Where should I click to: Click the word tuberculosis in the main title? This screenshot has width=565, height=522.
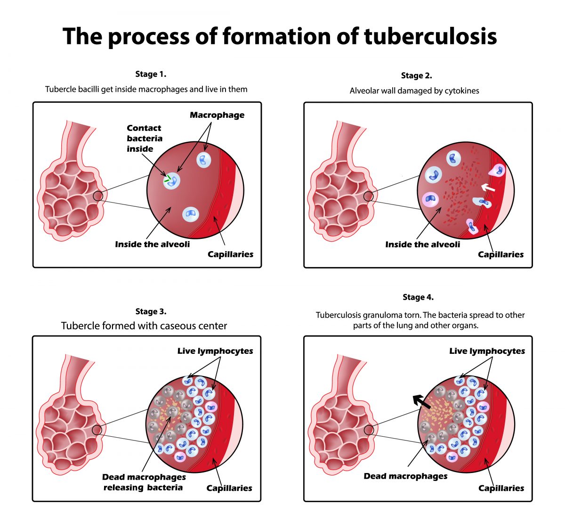430,37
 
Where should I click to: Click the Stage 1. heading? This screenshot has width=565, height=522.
151,74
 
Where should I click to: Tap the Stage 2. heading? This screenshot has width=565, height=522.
416,75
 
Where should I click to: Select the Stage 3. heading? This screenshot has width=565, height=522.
151,311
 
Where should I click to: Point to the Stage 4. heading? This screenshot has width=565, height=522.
418,297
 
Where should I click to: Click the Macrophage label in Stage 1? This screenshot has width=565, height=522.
217,115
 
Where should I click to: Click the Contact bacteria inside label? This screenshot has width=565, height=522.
144,138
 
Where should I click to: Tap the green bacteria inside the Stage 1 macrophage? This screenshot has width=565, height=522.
168,179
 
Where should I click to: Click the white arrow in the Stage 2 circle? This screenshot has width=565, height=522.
488,188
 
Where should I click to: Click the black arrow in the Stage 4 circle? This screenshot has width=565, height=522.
422,402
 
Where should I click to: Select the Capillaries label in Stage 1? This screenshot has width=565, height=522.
230,254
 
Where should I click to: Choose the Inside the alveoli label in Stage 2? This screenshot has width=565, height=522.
422,245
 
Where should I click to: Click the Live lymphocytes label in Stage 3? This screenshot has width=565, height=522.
215,351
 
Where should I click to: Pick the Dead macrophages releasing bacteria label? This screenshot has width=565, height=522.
144,482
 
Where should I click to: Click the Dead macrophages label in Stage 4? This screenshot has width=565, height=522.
405,476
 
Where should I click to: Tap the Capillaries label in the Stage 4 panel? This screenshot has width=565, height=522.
501,488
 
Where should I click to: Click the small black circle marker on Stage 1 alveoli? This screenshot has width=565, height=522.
98,196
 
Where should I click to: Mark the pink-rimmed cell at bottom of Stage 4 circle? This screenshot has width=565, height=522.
452,457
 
